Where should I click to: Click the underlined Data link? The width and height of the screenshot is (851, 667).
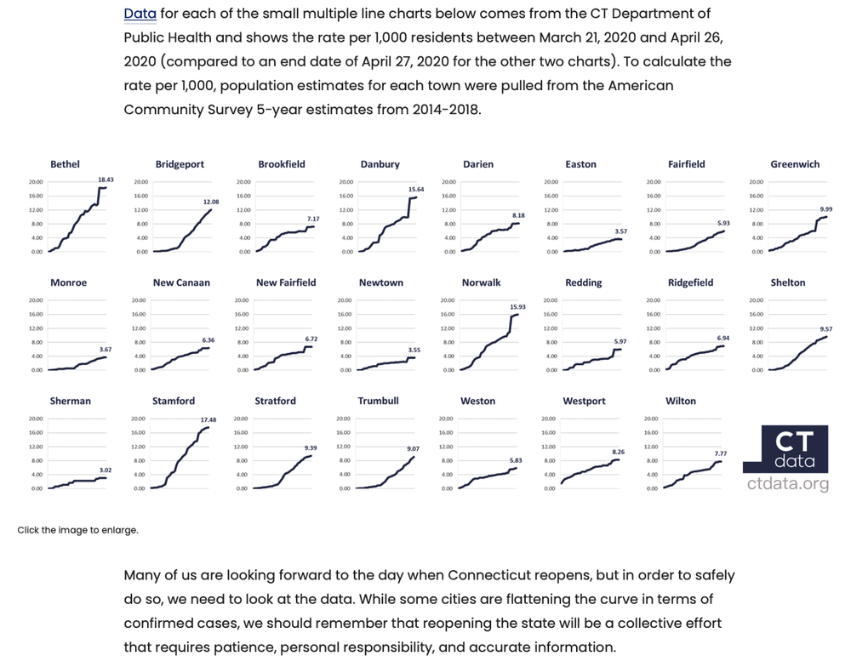pos(140,14)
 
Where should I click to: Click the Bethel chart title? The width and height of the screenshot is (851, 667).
pos(66,164)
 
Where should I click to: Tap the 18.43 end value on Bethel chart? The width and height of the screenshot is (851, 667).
pos(106,180)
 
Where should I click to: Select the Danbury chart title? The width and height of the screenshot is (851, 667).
pos(380,164)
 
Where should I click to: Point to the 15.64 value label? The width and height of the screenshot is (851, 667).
pos(416,189)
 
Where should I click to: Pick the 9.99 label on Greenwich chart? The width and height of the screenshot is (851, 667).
pos(825,209)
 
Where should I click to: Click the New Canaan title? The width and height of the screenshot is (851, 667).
pos(181,282)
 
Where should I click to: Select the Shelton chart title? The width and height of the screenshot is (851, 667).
pos(788,282)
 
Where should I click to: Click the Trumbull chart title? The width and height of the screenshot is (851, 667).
pos(379,401)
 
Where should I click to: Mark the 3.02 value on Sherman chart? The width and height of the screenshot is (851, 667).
pos(106,470)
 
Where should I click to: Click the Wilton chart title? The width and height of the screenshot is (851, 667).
pos(681,401)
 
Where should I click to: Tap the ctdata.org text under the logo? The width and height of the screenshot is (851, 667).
pos(788,484)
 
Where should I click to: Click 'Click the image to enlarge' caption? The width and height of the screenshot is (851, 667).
pos(77,530)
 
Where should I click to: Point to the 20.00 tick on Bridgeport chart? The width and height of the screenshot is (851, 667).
pos(140,182)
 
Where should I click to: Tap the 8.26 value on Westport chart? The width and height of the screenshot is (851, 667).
pos(619,452)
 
